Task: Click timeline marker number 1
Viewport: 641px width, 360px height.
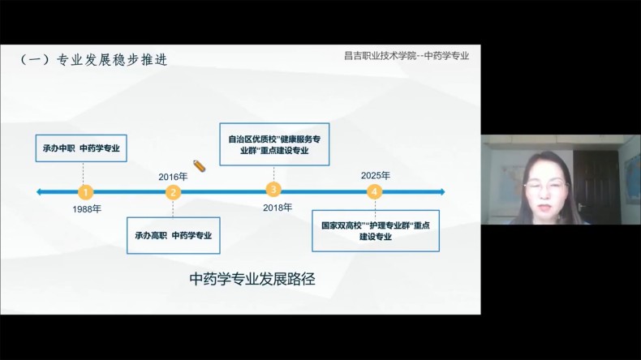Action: [x=85, y=191]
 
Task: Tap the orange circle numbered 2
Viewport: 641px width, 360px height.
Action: [x=173, y=192]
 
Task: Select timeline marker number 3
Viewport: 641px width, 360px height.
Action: [x=273, y=189]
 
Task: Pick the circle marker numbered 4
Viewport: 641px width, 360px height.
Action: [x=374, y=191]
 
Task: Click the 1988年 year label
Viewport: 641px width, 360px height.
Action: [x=87, y=209]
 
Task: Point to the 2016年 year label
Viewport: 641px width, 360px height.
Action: [x=173, y=177]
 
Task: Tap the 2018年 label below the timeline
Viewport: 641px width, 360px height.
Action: [x=277, y=208]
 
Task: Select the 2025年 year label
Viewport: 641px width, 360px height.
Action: [x=376, y=176]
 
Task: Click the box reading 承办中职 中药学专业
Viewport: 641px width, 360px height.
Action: [x=81, y=148]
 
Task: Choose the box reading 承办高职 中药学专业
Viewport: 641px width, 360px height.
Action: [x=174, y=235]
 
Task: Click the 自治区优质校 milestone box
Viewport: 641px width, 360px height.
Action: [x=274, y=144]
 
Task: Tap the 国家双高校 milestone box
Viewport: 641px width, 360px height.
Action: [x=376, y=231]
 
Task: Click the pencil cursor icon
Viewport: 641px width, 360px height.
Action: [x=199, y=166]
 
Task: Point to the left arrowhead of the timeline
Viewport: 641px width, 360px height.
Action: [x=39, y=191]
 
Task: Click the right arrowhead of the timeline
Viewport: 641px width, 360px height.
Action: [x=442, y=191]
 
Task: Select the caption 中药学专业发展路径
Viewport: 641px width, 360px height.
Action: [x=252, y=279]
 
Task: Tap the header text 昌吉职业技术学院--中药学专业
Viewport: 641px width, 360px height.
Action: [x=407, y=56]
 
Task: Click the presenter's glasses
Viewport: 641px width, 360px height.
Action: [x=546, y=186]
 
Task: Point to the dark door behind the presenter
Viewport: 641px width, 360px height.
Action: [x=595, y=184]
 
